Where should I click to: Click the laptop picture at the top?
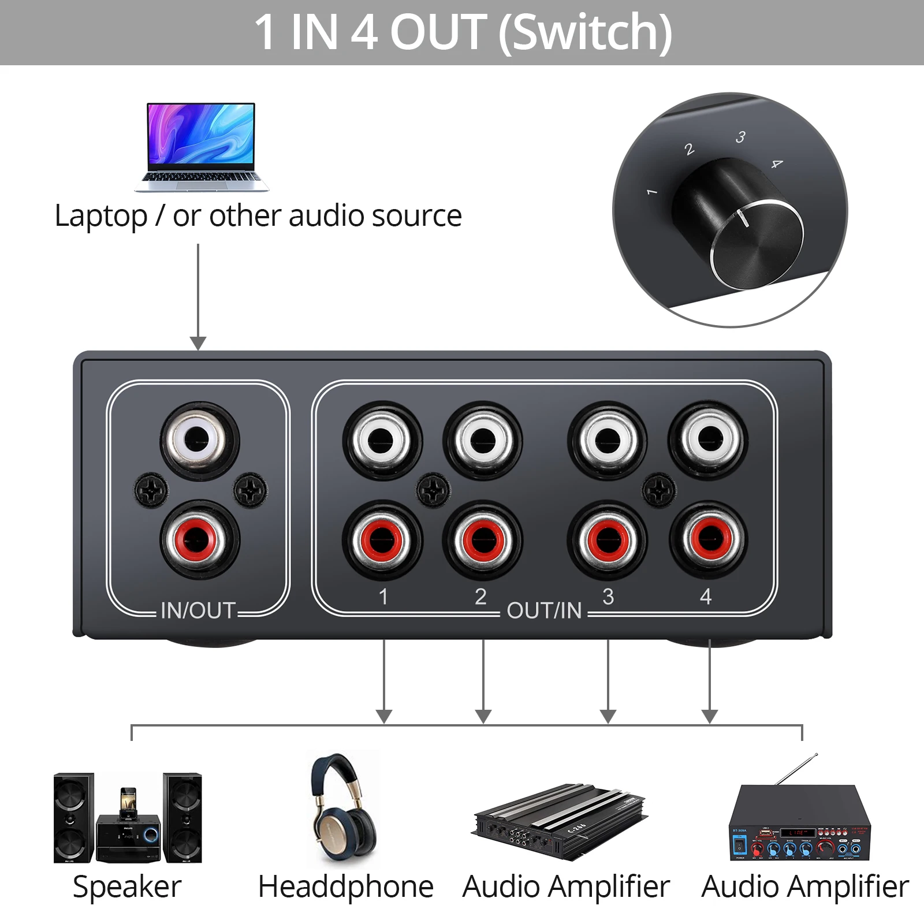(x=202, y=147)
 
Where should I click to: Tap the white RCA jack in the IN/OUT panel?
(x=199, y=440)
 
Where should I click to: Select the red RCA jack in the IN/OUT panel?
(x=199, y=540)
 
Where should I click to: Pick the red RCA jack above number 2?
(x=482, y=540)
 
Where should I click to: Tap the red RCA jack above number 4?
(x=709, y=539)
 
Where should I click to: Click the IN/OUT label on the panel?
(x=198, y=610)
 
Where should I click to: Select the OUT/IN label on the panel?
(x=544, y=610)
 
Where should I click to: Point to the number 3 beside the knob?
(x=740, y=137)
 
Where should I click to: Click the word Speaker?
(x=127, y=887)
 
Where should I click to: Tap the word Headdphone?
(x=345, y=887)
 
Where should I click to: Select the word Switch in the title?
(x=584, y=32)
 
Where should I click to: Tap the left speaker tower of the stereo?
(x=73, y=818)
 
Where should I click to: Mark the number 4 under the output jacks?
(x=705, y=597)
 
